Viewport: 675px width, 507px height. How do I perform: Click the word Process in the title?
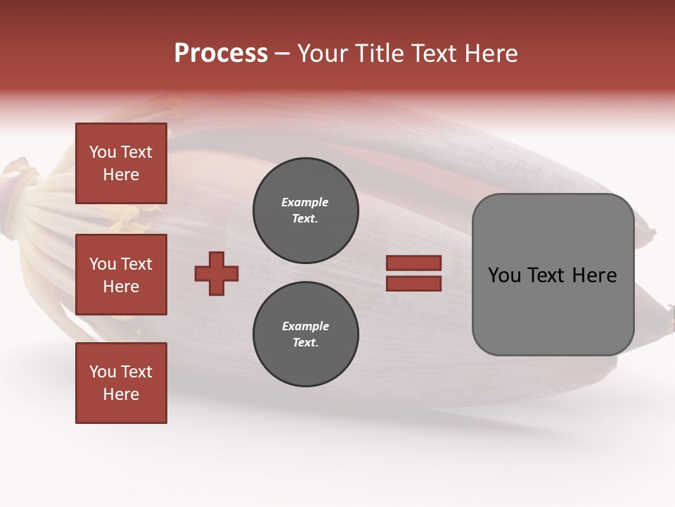coord(221,54)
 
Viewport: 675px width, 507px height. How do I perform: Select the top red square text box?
coord(121,163)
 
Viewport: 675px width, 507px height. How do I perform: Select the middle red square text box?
coord(121,275)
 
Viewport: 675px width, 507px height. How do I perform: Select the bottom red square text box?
coord(121,383)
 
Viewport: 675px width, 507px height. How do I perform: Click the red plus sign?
coord(217,273)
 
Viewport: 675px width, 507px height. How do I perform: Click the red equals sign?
coord(413,273)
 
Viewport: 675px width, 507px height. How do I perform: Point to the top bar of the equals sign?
coord(413,263)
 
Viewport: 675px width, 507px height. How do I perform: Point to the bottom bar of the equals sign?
coord(413,283)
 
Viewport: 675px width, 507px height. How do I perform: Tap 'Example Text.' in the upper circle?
coord(305,210)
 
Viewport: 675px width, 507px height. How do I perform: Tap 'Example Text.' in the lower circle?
coord(305,334)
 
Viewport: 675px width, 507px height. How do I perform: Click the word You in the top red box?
coord(102,152)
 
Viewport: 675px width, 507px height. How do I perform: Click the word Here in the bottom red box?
coord(121,394)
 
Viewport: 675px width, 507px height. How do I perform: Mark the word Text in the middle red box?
coord(136,264)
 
